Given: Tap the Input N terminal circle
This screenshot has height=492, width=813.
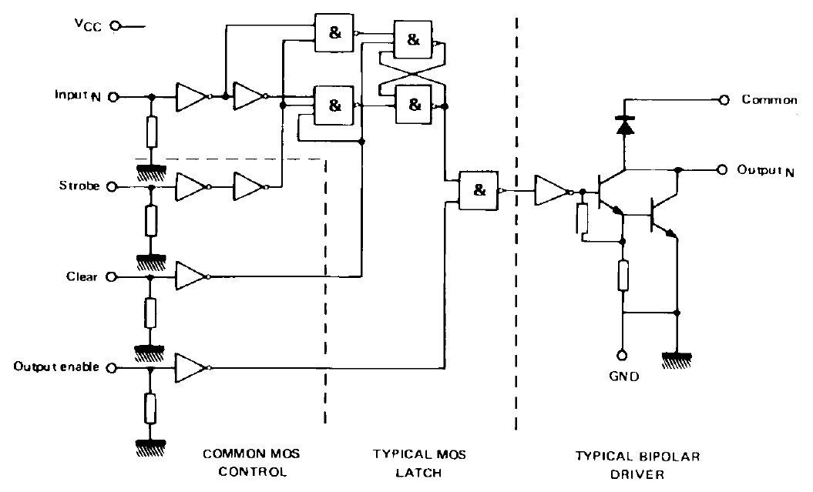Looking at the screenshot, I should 113,97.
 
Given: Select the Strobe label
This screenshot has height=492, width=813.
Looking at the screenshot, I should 79,186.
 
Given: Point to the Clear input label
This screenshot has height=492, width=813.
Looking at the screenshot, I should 82,276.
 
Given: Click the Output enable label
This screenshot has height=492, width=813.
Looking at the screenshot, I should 56,367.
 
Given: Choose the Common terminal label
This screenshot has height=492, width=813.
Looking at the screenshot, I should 768,99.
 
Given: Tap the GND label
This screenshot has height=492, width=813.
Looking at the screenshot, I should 623,378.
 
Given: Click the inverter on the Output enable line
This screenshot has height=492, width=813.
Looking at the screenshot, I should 190,368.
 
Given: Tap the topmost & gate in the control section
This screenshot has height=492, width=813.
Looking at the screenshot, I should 334,33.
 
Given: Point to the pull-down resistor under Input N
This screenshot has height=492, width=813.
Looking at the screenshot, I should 151,132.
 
